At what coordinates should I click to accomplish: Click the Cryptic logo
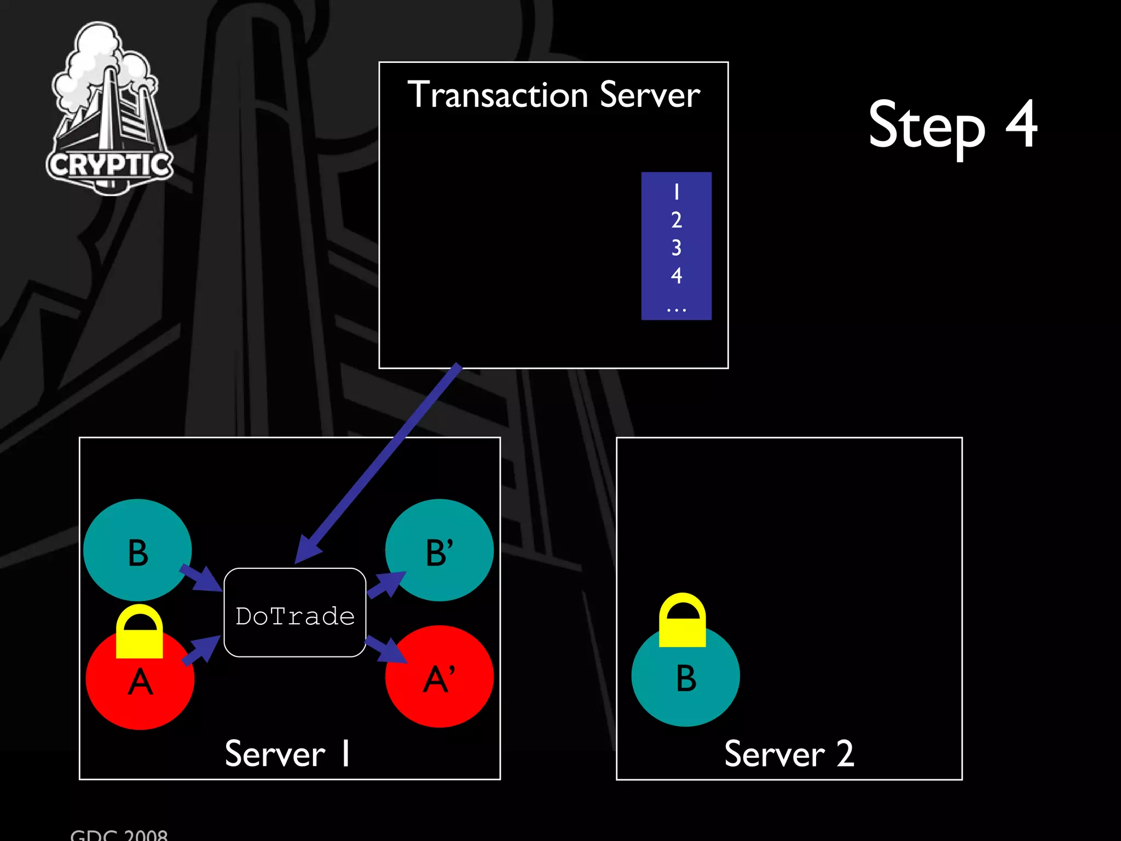point(109,110)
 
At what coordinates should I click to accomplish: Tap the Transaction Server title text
point(553,95)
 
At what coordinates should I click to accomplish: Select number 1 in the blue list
point(677,192)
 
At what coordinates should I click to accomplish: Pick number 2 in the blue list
point(677,220)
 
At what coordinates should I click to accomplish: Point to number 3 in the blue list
point(677,248)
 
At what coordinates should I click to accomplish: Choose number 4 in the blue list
point(677,275)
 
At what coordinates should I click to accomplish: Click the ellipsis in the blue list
point(677,310)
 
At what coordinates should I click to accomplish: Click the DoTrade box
point(295,613)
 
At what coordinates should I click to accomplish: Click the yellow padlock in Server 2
point(683,620)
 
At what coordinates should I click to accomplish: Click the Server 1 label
point(287,754)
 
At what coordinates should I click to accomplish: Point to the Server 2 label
point(789,754)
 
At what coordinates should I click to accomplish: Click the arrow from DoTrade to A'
point(386,649)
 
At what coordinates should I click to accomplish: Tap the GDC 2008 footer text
point(119,835)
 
